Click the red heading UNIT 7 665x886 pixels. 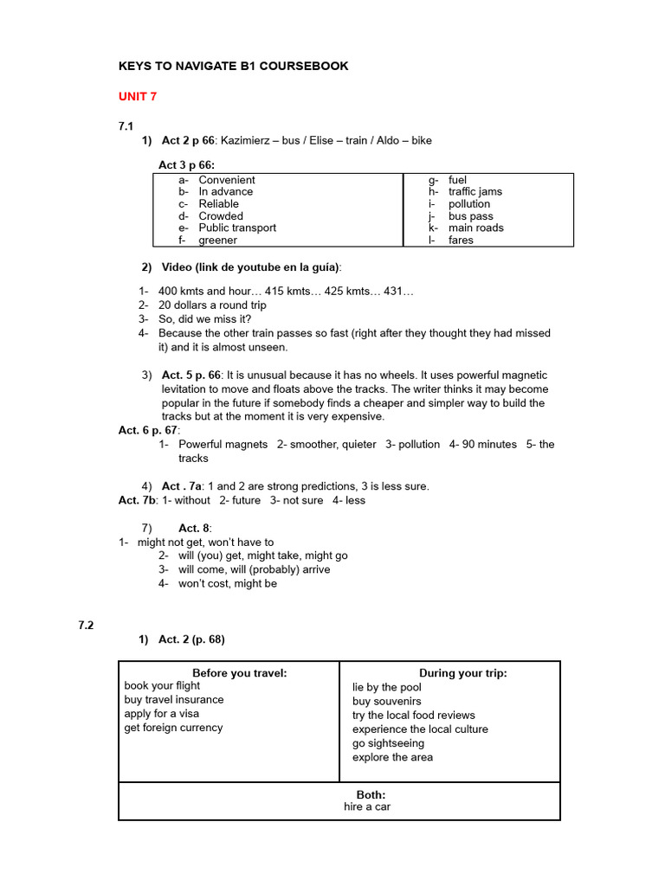pos(138,96)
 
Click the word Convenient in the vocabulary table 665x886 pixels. pos(227,180)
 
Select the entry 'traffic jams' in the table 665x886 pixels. pos(475,192)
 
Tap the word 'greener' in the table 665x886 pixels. pos(217,241)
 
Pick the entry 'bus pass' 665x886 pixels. pos(470,216)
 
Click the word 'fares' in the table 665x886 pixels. pos(461,241)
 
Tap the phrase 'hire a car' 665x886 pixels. pos(367,807)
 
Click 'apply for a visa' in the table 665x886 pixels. pos(161,714)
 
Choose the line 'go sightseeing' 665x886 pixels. pos(388,743)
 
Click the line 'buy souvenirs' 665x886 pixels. pos(386,701)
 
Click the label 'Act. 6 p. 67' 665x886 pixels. pos(148,430)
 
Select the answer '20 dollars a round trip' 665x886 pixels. pos(212,305)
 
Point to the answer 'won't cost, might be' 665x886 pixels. pos(228,584)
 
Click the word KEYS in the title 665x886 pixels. pos(135,66)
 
